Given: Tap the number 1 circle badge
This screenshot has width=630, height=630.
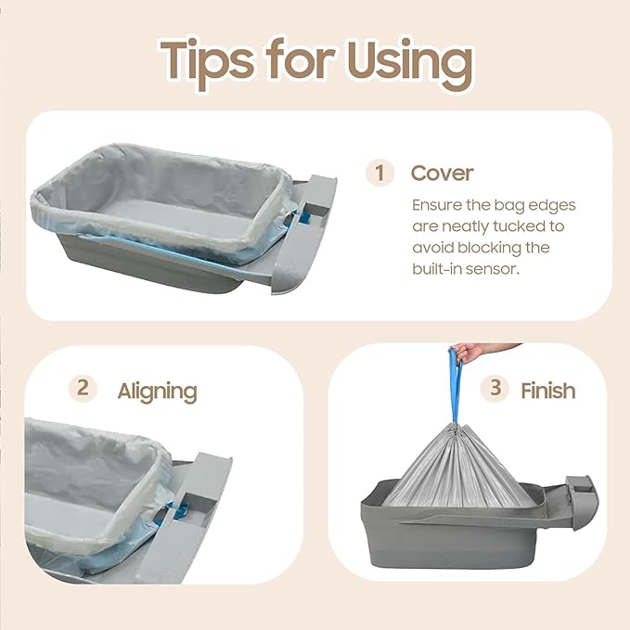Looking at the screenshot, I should click(379, 174).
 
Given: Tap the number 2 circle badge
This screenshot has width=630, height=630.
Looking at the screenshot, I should click(83, 388).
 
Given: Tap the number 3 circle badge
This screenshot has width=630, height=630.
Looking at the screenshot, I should click(495, 388).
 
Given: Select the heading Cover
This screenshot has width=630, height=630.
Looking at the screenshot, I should click(442, 174).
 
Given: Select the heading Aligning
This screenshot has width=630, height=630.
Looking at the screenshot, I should click(157, 391).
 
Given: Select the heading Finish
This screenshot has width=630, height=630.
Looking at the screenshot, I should click(547, 391).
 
